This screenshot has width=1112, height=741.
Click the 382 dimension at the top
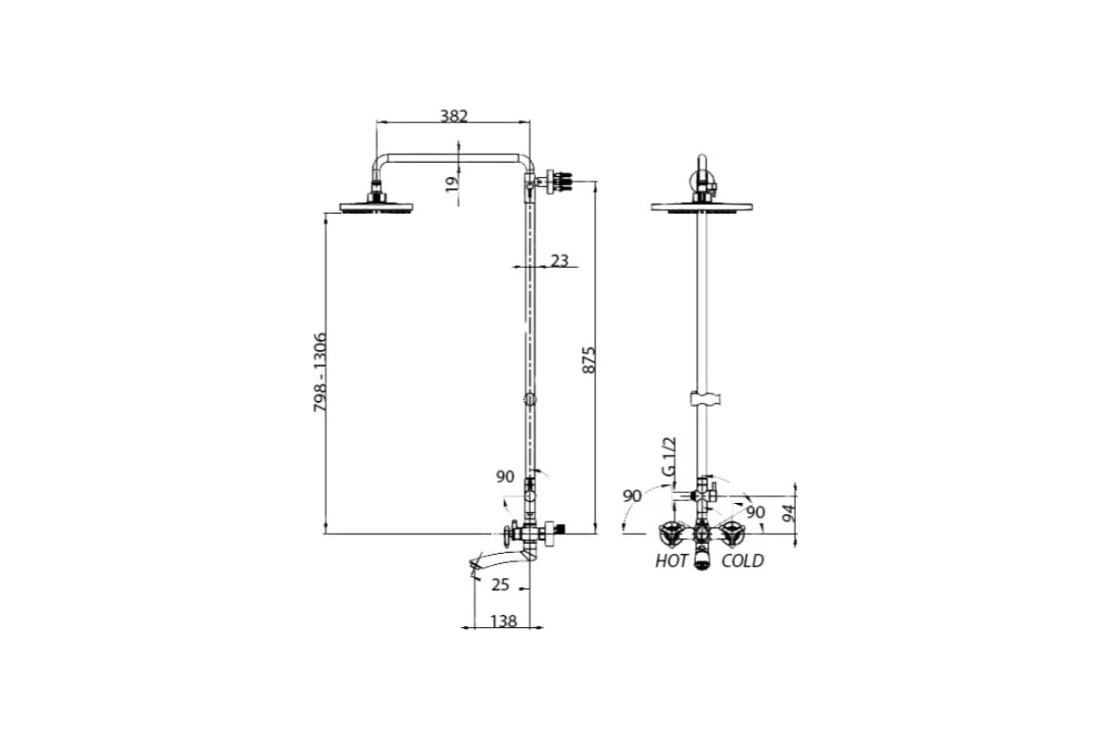tap(454, 116)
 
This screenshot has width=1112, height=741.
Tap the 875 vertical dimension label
tap(588, 359)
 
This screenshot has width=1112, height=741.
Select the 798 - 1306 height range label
tap(321, 371)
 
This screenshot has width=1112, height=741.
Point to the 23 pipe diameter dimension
tap(560, 260)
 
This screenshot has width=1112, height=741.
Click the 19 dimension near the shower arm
tap(452, 184)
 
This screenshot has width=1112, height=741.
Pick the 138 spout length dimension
tap(504, 621)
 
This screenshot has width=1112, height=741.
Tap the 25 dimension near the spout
tap(500, 584)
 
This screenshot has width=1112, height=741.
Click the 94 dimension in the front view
tap(788, 513)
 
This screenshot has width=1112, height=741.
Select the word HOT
tap(671, 560)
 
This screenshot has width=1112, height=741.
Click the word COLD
tap(742, 560)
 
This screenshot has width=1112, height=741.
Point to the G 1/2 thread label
tap(669, 456)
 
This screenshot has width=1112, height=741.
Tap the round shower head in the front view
tap(701, 207)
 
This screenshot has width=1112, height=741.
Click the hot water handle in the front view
tap(671, 534)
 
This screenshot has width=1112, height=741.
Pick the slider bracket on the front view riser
tap(705, 398)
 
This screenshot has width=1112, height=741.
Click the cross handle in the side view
tap(509, 533)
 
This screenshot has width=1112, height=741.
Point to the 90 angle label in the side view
tap(505, 476)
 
